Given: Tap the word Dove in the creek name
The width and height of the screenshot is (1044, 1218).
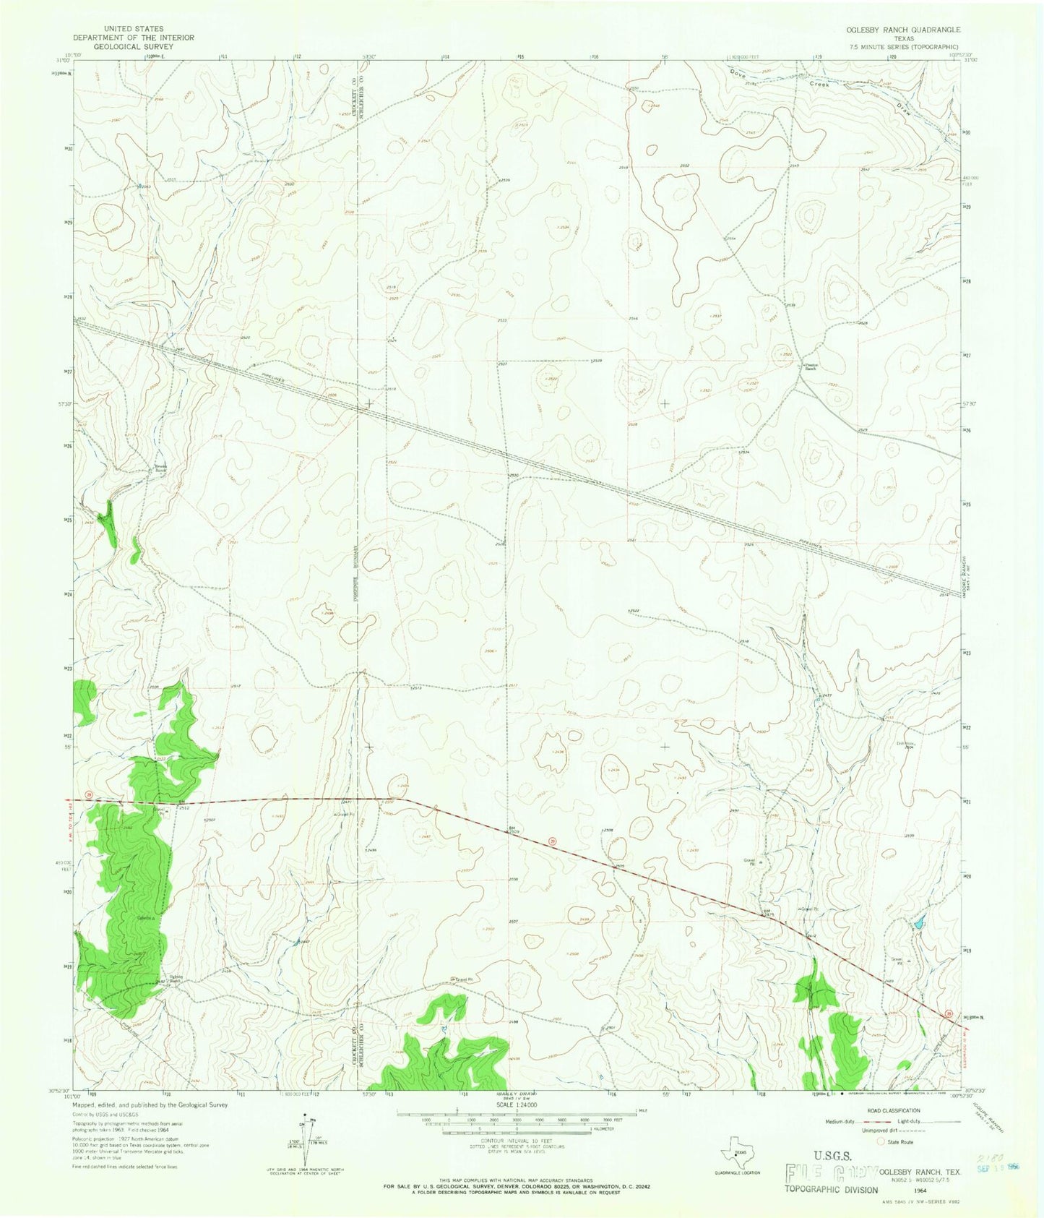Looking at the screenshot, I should pyautogui.click(x=737, y=73).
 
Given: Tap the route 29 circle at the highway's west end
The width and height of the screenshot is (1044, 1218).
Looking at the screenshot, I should pyautogui.click(x=88, y=795).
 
